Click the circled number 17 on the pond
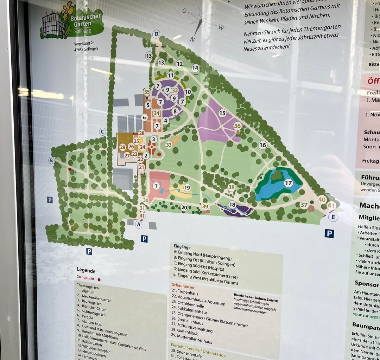click(x=289, y=183)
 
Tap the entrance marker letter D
click(x=156, y=34)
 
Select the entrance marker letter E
click(x=333, y=217)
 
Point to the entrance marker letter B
click(x=51, y=160)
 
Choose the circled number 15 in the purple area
click(x=222, y=113)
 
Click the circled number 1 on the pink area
click(x=156, y=186)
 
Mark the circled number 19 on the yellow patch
click(x=187, y=188)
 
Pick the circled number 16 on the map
click(x=262, y=145)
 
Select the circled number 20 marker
click(x=184, y=207)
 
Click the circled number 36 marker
click(x=237, y=126)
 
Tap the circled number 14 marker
click(x=195, y=68)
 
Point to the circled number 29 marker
click(x=122, y=147)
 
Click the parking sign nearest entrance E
click(x=329, y=233)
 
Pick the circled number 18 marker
click(x=232, y=205)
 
